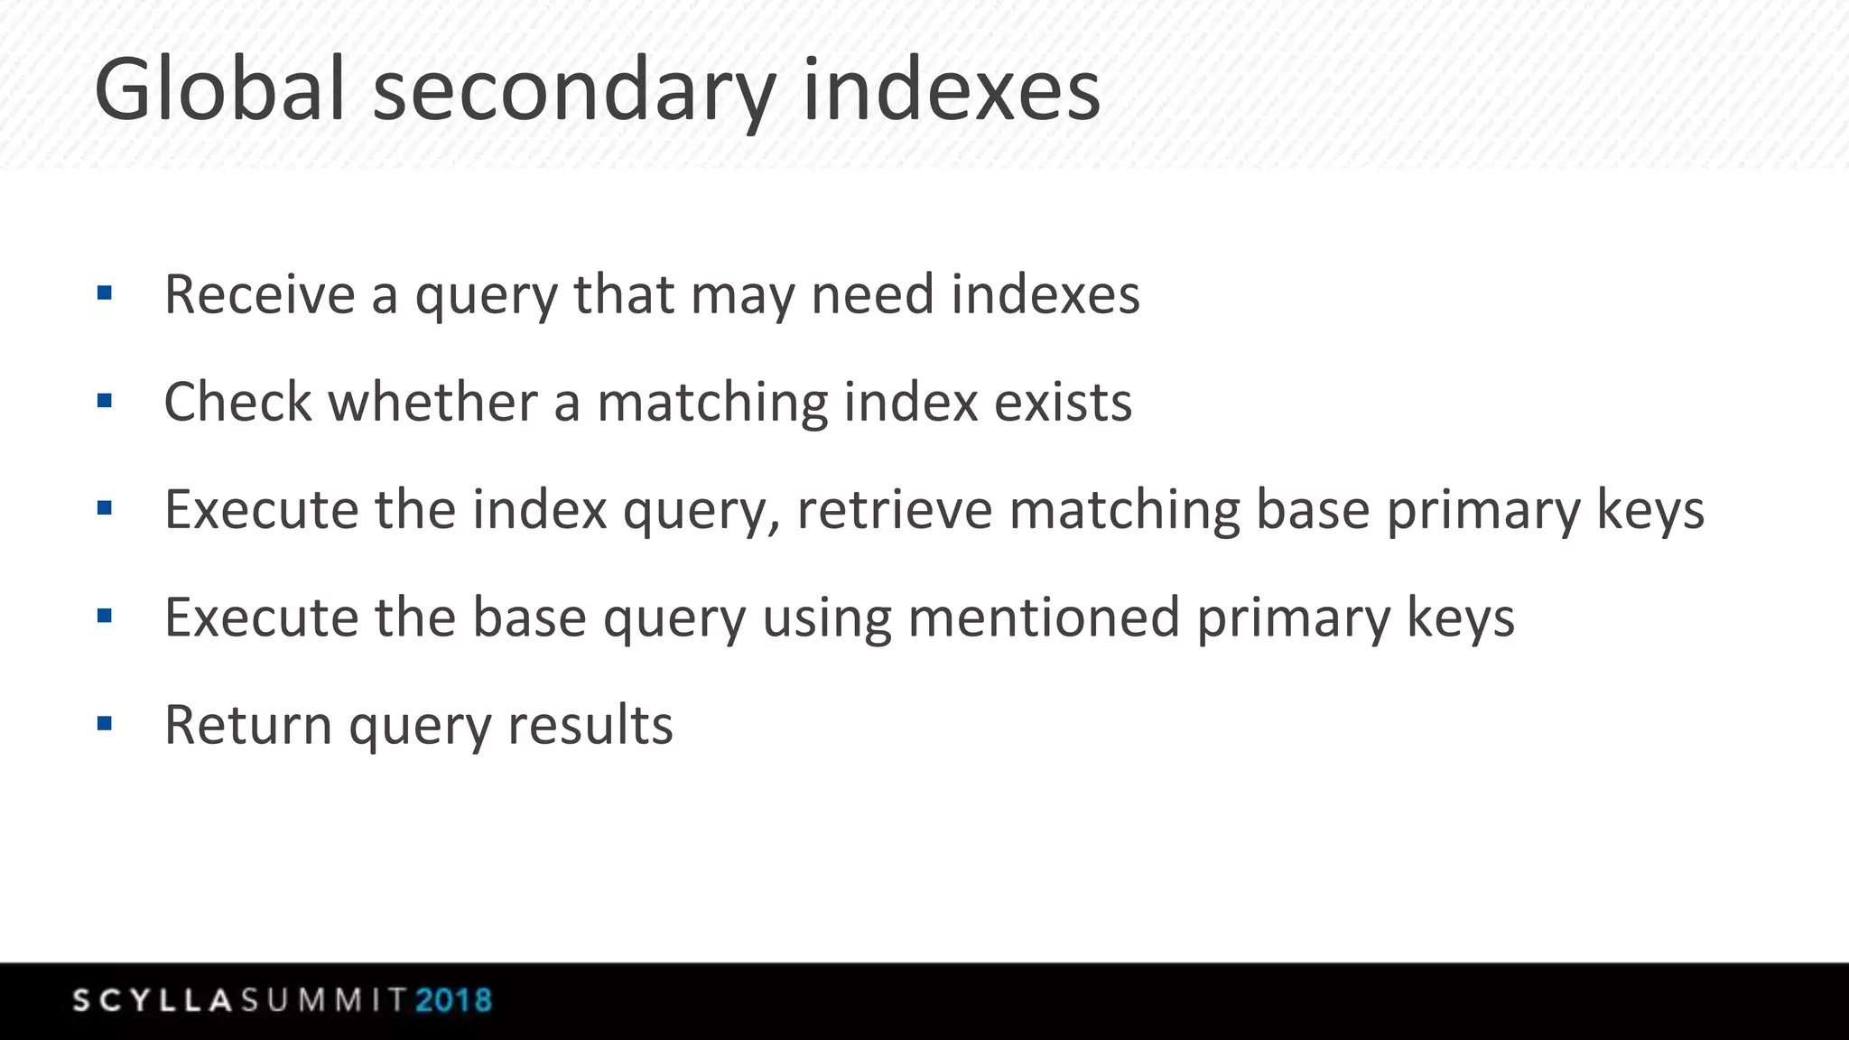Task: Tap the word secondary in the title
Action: tap(574, 92)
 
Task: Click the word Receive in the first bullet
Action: tap(260, 294)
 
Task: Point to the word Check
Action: tap(238, 402)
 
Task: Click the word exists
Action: tap(1063, 402)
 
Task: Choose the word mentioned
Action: tap(1044, 617)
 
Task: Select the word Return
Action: tap(248, 725)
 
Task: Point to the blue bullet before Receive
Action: tap(105, 292)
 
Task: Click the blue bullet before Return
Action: tap(105, 723)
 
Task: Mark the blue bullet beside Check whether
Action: tap(105, 400)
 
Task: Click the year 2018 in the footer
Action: tap(454, 1000)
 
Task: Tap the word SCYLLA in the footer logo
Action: tap(153, 1000)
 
